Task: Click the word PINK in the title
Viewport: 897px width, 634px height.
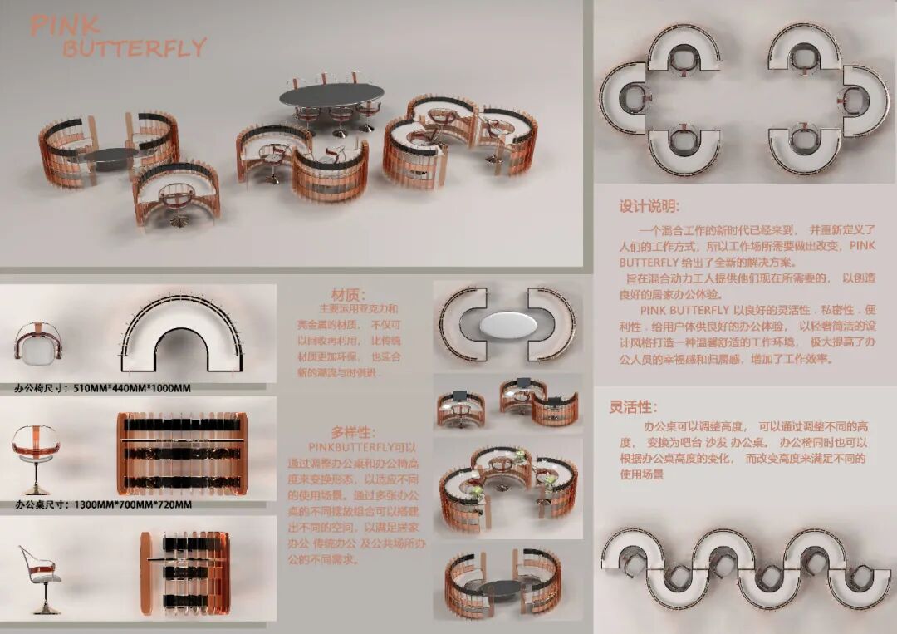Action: [x=65, y=27]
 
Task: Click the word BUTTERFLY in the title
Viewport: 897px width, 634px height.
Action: [x=134, y=48]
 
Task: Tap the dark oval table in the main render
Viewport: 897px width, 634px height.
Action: [x=331, y=96]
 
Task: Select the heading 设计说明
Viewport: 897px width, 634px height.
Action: [x=649, y=206]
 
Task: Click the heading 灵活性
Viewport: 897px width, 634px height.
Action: [x=634, y=407]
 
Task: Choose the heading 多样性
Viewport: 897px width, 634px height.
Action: [x=353, y=432]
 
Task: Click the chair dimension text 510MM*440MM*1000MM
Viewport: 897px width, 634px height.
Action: [x=136, y=387]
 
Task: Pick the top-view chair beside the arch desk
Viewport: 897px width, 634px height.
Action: [x=37, y=343]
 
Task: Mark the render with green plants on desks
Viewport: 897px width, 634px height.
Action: [x=507, y=490]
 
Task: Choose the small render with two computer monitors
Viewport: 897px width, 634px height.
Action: [x=507, y=401]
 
